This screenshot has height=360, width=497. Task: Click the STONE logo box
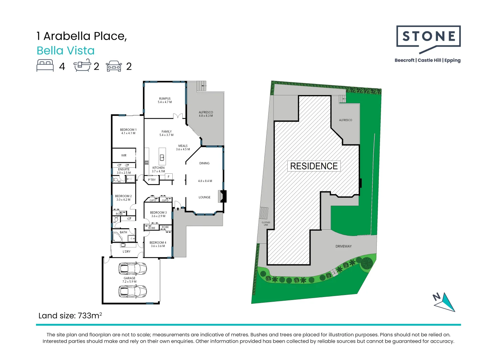[428, 37]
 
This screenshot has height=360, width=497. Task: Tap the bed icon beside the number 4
[45, 65]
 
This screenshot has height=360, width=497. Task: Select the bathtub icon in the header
[82, 65]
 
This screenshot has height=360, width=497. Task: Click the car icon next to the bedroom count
[114, 66]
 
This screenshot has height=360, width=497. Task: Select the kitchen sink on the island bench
[162, 157]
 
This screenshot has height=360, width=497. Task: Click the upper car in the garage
[133, 268]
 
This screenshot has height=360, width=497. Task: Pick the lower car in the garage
[133, 291]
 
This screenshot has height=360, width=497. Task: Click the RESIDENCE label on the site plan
[314, 166]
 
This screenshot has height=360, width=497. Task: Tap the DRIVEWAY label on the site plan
[343, 246]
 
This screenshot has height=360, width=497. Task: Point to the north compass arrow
[445, 302]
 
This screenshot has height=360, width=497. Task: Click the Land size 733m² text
[70, 316]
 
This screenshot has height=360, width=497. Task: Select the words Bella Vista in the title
[66, 51]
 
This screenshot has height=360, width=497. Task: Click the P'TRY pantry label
[152, 180]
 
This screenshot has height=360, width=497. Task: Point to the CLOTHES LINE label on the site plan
[266, 223]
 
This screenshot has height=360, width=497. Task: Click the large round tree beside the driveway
[367, 263]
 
